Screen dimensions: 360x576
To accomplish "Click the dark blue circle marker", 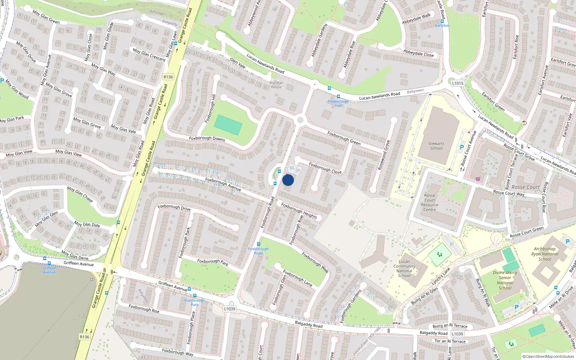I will (x=288, y=180).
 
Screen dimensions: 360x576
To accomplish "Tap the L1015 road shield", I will (x=458, y=83).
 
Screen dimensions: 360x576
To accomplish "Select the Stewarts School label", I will (x=436, y=146).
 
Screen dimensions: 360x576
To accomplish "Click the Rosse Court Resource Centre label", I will (x=430, y=203).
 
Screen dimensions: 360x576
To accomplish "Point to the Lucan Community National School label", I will (x=404, y=269).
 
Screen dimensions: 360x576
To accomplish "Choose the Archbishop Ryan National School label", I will (x=545, y=254).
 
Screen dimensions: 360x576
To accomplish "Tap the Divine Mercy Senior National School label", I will (x=505, y=280).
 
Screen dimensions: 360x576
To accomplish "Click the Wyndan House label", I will (x=276, y=85).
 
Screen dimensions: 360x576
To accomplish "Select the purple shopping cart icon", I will (x=478, y=179).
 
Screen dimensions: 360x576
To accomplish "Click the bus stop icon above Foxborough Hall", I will (x=338, y=96).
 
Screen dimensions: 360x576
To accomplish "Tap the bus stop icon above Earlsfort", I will (x=442, y=21).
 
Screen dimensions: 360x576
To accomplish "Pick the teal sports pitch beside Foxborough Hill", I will (x=228, y=125).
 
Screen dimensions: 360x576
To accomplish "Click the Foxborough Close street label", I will (x=325, y=168).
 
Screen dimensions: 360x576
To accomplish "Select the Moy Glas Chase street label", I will (x=80, y=194).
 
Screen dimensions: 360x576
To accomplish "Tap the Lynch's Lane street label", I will (x=441, y=276).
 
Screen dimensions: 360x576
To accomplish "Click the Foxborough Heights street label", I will (x=299, y=211).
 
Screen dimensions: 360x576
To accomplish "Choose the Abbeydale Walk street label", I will (x=417, y=18).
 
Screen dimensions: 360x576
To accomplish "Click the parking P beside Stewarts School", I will (x=462, y=147).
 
